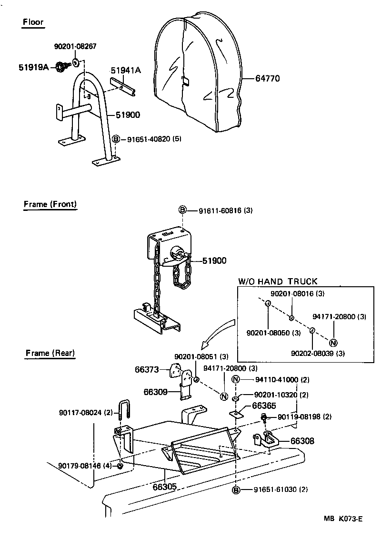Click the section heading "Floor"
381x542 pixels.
tap(33, 22)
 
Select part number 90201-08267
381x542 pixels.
tap(75, 46)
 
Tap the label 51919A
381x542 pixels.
tap(34, 67)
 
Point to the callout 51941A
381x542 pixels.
tap(126, 70)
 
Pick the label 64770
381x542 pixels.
tap(267, 78)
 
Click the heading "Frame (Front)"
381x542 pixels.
tap(50, 204)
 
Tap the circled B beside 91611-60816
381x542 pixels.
tap(182, 210)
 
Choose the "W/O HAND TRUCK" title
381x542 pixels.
tap(278, 281)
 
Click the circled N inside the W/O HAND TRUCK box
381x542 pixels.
tap(333, 342)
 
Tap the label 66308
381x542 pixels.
tap(303, 441)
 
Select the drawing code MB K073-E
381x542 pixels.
tap(343, 519)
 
